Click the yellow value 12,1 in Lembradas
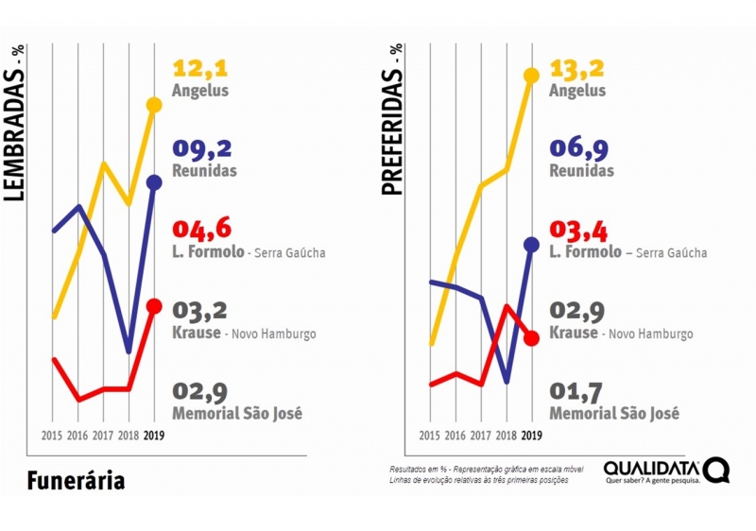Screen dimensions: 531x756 pyautogui.click(x=201, y=69)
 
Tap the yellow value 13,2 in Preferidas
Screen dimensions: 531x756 pyautogui.click(x=576, y=69)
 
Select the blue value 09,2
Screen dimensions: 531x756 pyautogui.click(x=201, y=149)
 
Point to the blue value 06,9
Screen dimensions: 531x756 pyautogui.click(x=576, y=148)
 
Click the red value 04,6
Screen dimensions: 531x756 pyautogui.click(x=201, y=230)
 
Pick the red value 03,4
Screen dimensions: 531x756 pyautogui.click(x=576, y=230)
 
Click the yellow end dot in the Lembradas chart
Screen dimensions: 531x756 pyautogui.click(x=155, y=104)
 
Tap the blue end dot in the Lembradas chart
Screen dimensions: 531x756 pyautogui.click(x=155, y=181)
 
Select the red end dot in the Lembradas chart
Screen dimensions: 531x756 pyautogui.click(x=155, y=306)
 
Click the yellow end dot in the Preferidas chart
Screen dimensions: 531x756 pyautogui.click(x=531, y=76)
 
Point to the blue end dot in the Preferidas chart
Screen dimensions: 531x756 pyautogui.click(x=531, y=245)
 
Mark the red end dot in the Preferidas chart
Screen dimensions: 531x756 pyautogui.click(x=531, y=337)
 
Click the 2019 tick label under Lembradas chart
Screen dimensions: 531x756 pyautogui.click(x=155, y=436)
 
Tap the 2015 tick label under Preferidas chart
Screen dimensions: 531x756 pyautogui.click(x=430, y=436)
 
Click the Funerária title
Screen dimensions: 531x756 pyautogui.click(x=76, y=480)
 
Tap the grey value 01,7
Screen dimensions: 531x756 pyautogui.click(x=576, y=391)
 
